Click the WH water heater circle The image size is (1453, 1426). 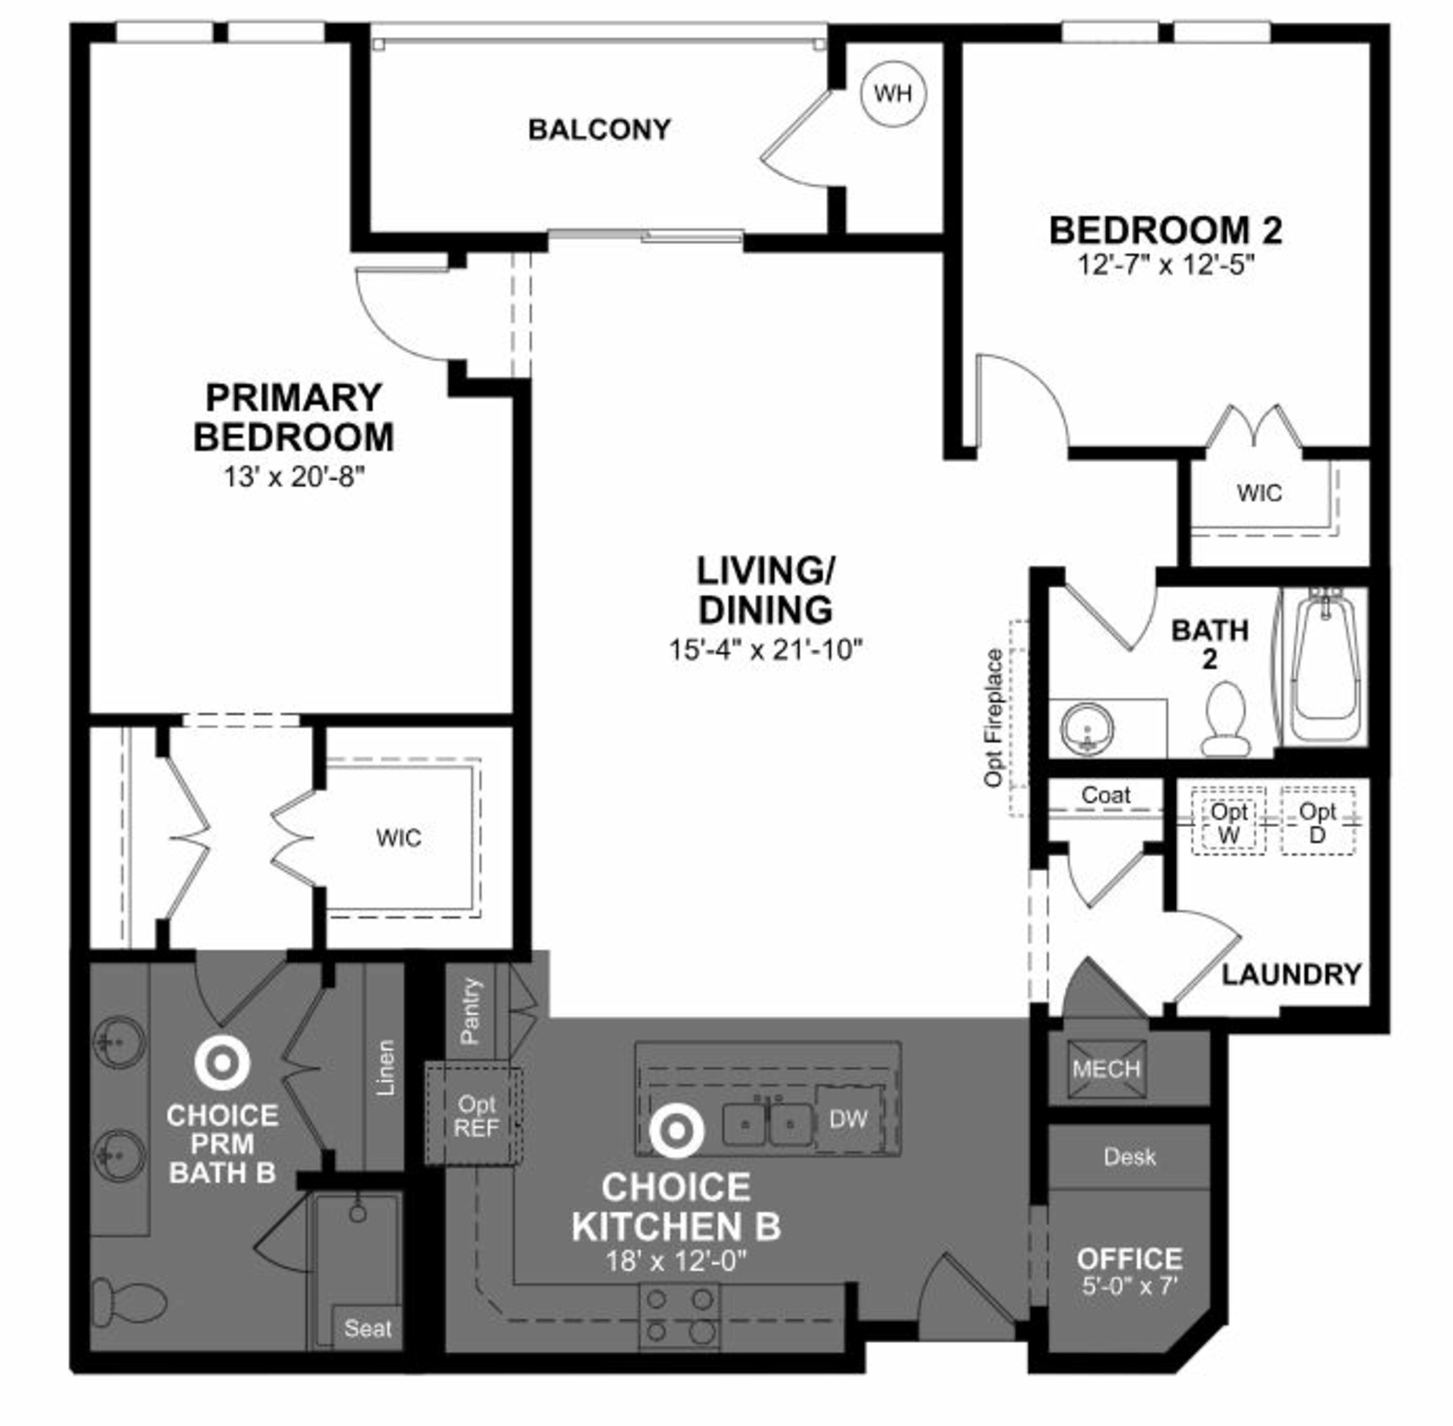coord(893,94)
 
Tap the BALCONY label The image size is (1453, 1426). coord(599,129)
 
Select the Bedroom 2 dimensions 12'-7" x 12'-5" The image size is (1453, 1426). coord(1165,265)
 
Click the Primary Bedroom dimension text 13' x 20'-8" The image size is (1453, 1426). coord(294,477)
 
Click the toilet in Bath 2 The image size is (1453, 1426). coord(1226,719)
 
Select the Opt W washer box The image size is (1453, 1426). coord(1228,821)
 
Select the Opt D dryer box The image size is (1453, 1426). coord(1318,821)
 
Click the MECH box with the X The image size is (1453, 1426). coord(1106,1069)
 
